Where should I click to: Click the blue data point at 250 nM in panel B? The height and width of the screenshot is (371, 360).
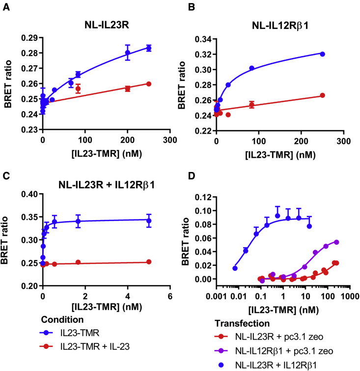(x=322, y=54)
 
